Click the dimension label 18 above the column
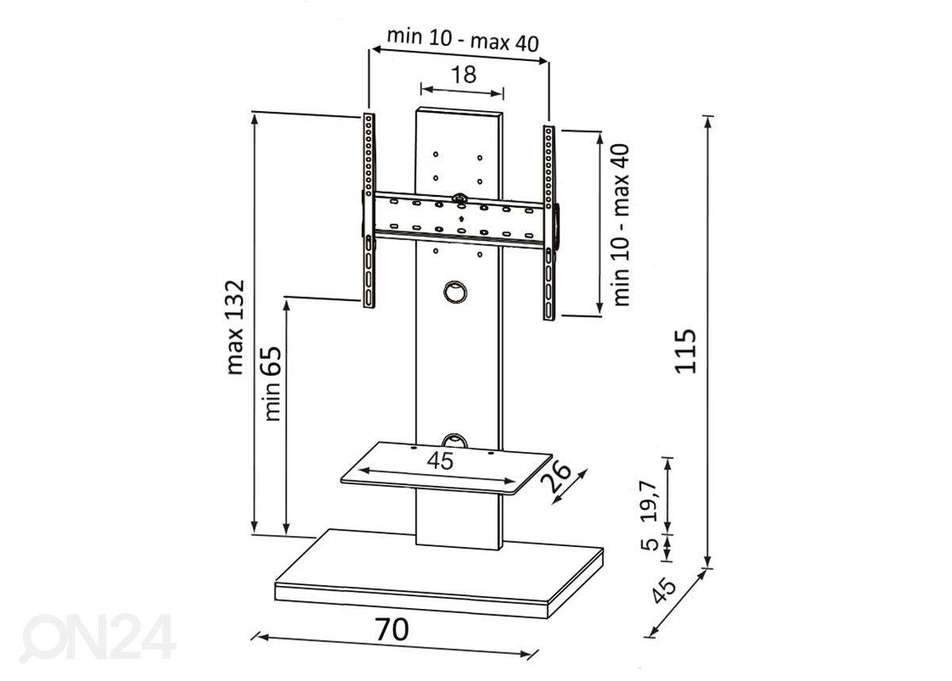coord(463,75)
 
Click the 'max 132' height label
coord(235,326)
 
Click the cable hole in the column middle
coord(455,291)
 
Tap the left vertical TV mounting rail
coord(368,210)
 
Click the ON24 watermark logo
coord(98,635)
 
